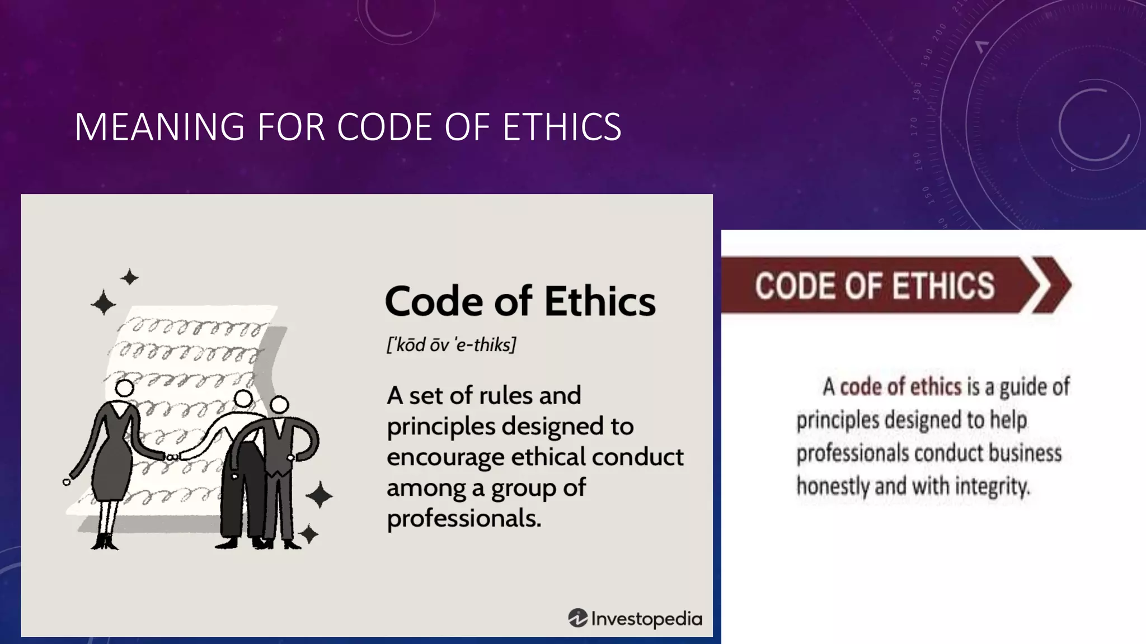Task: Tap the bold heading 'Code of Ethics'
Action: click(x=520, y=301)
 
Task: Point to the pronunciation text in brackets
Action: click(x=451, y=345)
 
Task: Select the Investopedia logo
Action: click(x=635, y=618)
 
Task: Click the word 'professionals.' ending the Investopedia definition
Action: click(x=464, y=518)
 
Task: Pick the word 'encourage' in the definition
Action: click(x=445, y=457)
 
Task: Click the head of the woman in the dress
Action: click(x=124, y=388)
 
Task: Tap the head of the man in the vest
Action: click(x=279, y=404)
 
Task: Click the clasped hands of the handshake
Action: click(x=172, y=457)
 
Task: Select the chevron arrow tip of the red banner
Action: click(x=1052, y=285)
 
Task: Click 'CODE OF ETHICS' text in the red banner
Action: click(x=874, y=286)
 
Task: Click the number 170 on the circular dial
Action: click(x=914, y=126)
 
